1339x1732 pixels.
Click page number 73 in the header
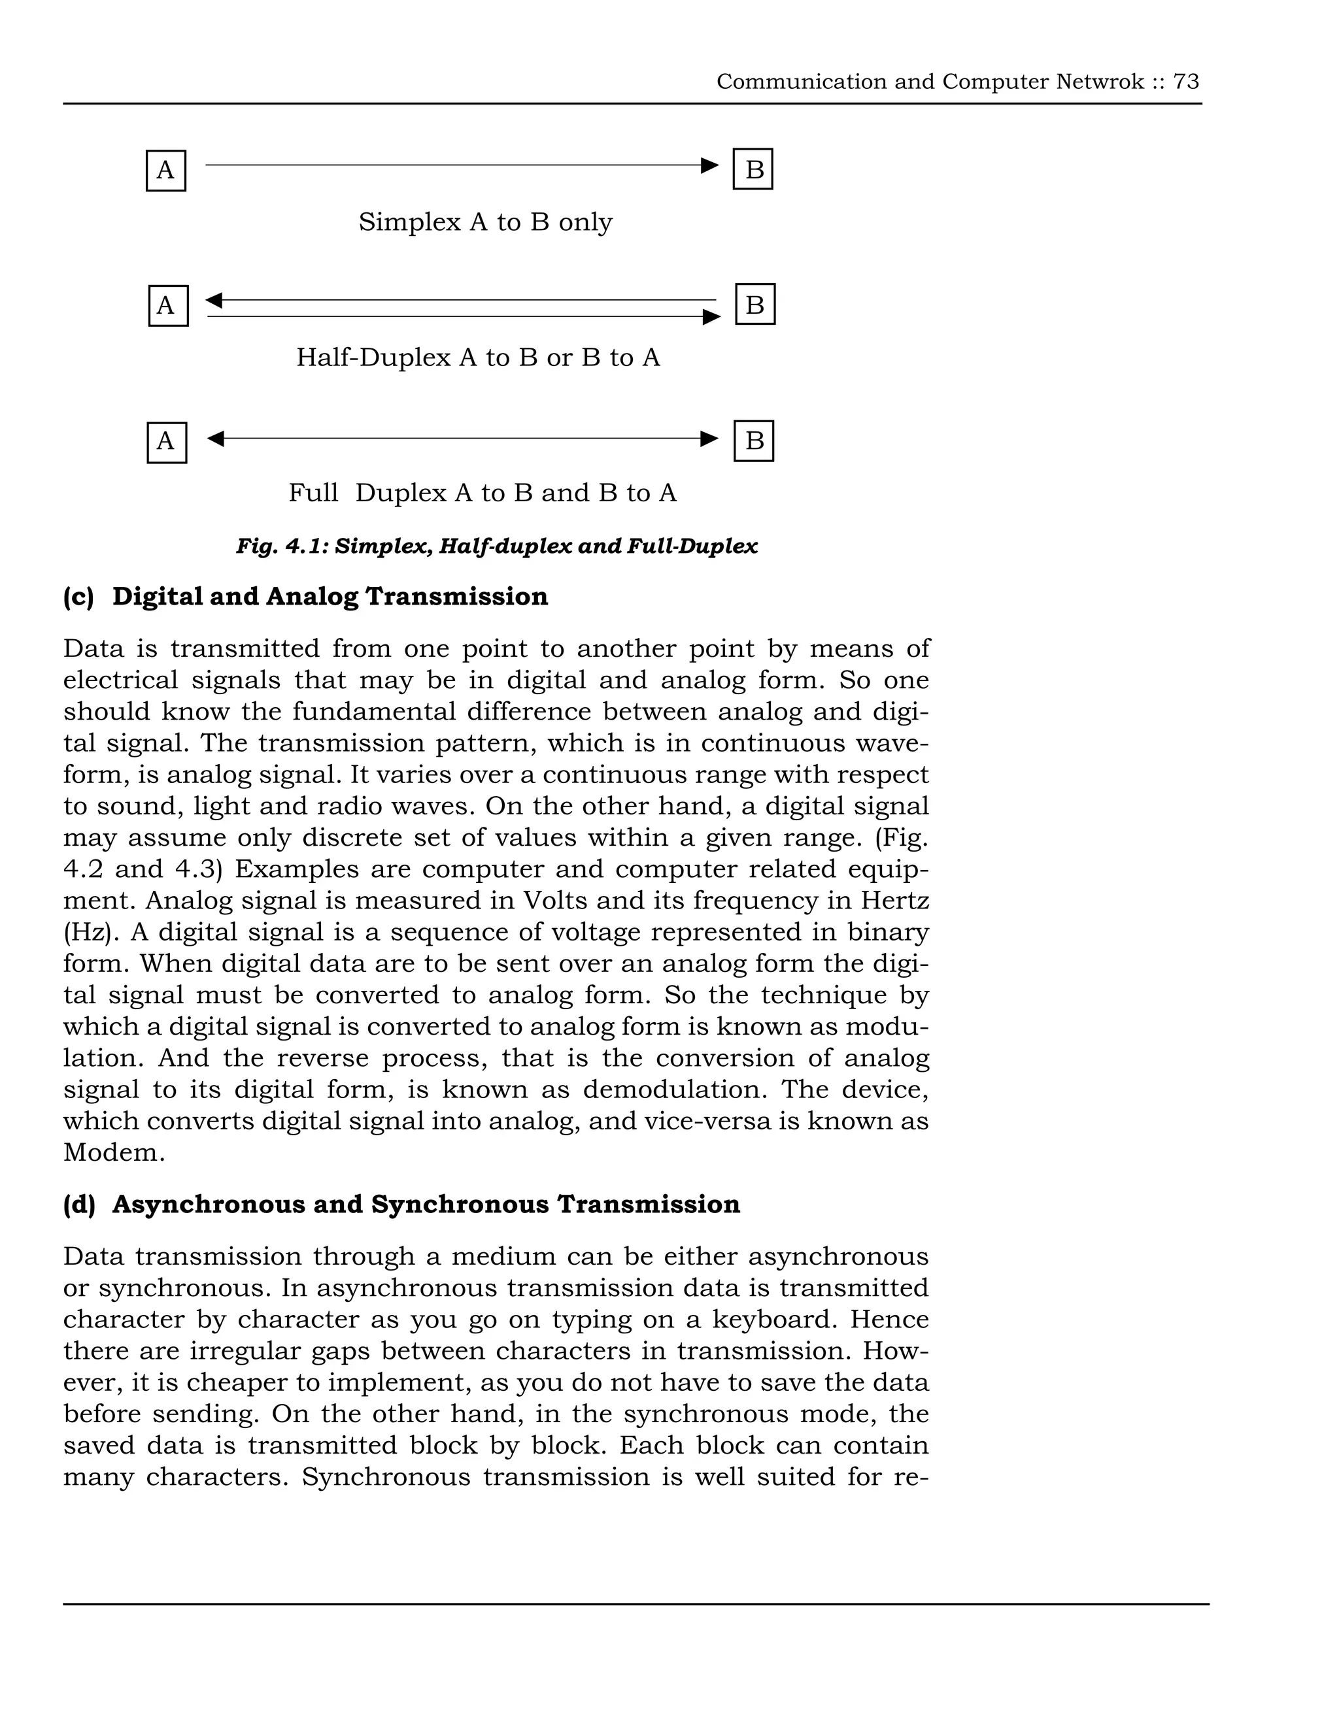(1186, 82)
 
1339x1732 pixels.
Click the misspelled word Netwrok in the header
(1100, 82)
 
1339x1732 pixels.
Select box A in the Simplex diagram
(166, 171)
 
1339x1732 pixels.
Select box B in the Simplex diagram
(753, 170)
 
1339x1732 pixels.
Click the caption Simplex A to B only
(486, 222)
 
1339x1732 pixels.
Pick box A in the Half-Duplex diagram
(168, 305)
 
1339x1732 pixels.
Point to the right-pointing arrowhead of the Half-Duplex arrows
(711, 317)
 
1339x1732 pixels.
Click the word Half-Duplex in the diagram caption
(373, 358)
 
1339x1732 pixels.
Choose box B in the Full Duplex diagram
(754, 441)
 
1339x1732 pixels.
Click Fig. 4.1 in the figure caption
(280, 546)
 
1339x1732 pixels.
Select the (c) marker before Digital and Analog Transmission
(78, 596)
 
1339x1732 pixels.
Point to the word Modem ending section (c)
(113, 1152)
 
